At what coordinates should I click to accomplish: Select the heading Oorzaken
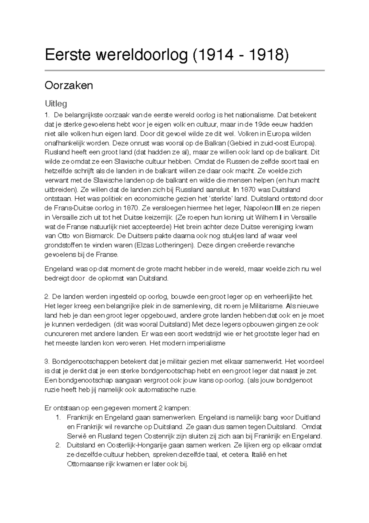69,85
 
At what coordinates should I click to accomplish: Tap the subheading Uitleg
56,103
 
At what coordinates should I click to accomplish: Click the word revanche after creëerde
281,245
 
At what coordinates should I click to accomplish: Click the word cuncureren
60,334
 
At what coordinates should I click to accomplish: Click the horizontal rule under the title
184,71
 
